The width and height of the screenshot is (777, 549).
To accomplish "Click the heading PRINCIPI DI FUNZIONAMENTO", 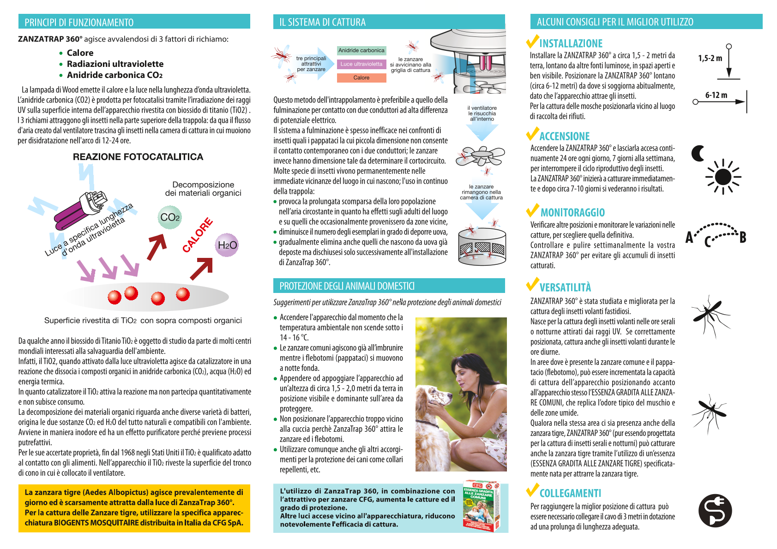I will (79, 22).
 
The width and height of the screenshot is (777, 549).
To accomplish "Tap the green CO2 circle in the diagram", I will (170, 217).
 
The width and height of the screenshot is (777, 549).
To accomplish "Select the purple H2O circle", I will (227, 245).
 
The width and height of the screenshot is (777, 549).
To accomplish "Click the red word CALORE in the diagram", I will (198, 235).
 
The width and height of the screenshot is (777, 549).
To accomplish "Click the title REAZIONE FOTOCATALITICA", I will (138, 157).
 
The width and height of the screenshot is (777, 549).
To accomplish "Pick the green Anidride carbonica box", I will (361, 50).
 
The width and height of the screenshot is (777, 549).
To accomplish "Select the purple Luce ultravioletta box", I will (361, 64).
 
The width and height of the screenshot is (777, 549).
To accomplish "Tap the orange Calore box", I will (361, 78).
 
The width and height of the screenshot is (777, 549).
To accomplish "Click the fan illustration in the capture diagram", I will (480, 156).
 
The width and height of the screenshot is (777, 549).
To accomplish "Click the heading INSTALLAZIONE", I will (571, 43).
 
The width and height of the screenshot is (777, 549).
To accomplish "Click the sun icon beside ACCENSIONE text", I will (723, 177).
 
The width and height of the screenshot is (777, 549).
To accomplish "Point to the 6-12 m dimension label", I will (716, 95).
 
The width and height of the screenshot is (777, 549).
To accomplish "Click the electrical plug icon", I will (715, 511).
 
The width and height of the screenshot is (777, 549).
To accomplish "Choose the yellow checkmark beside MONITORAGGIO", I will (533, 210).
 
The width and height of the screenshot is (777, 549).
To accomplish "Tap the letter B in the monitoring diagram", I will (743, 237).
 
